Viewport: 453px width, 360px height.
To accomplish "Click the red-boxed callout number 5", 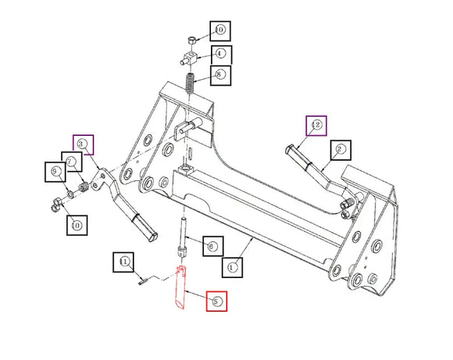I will click(x=216, y=301).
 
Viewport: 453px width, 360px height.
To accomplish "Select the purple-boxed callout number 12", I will click(x=316, y=125).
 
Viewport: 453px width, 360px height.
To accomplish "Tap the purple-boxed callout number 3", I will click(x=83, y=144).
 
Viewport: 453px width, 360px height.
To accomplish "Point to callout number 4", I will click(x=219, y=54).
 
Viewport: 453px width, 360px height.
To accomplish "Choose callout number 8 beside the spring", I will click(x=221, y=76).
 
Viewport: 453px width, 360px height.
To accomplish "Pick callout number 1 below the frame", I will click(x=231, y=266).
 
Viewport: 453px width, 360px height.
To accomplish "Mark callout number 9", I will click(x=55, y=172).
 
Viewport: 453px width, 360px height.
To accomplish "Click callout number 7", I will click(x=72, y=162).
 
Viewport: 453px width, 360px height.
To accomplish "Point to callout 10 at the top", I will click(x=219, y=30).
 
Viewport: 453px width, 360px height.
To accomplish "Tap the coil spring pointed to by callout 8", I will click(x=190, y=81).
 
